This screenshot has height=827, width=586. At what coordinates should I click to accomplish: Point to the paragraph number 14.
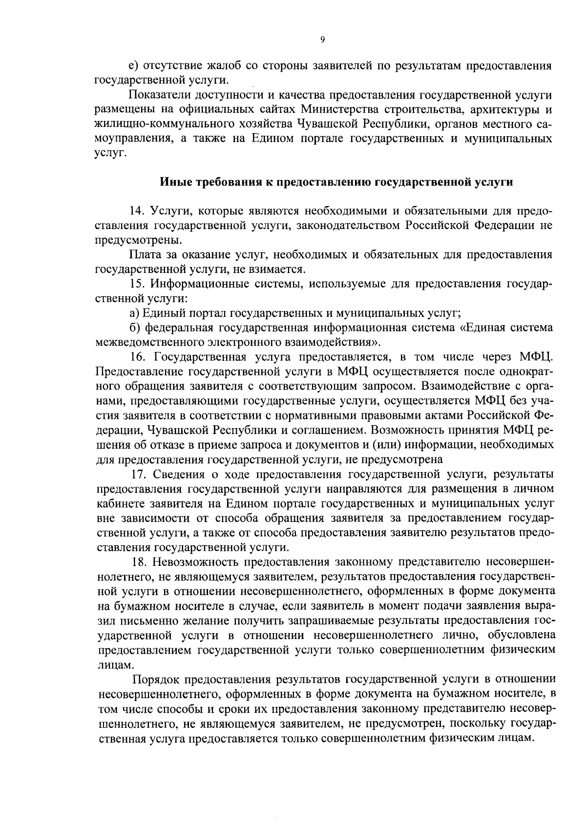pos(137,211)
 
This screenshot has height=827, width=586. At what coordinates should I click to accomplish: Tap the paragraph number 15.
pos(137,284)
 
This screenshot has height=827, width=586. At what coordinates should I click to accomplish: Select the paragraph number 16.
pos(138,357)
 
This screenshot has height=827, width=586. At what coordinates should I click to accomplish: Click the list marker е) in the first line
pos(133,66)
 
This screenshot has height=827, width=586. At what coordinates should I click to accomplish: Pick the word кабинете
pos(121,503)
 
